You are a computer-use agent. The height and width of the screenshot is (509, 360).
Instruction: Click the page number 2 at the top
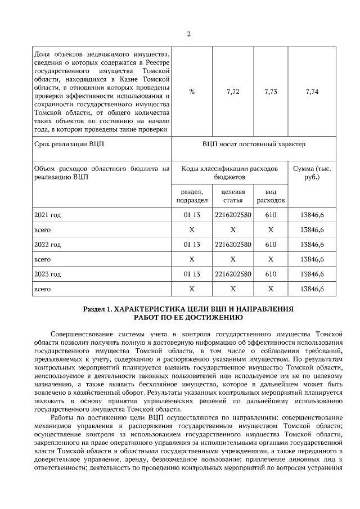[x=188, y=33]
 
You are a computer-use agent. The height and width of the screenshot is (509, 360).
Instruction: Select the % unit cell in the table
[x=192, y=92]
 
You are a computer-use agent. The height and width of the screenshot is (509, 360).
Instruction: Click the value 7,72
[x=233, y=92]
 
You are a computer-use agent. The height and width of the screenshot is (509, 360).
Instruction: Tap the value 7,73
[x=271, y=92]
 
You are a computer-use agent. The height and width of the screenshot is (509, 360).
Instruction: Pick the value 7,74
[x=312, y=92]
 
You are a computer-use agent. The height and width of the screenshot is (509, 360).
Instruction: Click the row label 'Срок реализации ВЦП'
[x=69, y=144]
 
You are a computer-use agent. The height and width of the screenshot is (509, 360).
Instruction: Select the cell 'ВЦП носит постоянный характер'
[x=254, y=144]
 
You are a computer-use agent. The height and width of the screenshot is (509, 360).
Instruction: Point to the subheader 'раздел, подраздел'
[x=192, y=196]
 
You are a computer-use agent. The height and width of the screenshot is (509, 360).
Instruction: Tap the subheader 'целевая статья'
[x=233, y=196]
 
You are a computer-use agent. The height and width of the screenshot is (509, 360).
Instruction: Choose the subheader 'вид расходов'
[x=271, y=196]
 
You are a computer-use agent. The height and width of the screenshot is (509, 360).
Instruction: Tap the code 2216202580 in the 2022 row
[x=233, y=245]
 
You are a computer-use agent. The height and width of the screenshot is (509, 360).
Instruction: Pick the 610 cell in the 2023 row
[x=271, y=274]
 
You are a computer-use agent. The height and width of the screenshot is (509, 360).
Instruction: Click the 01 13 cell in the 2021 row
[x=192, y=215]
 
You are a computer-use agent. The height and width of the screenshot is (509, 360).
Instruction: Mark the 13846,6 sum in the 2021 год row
[x=312, y=215]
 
